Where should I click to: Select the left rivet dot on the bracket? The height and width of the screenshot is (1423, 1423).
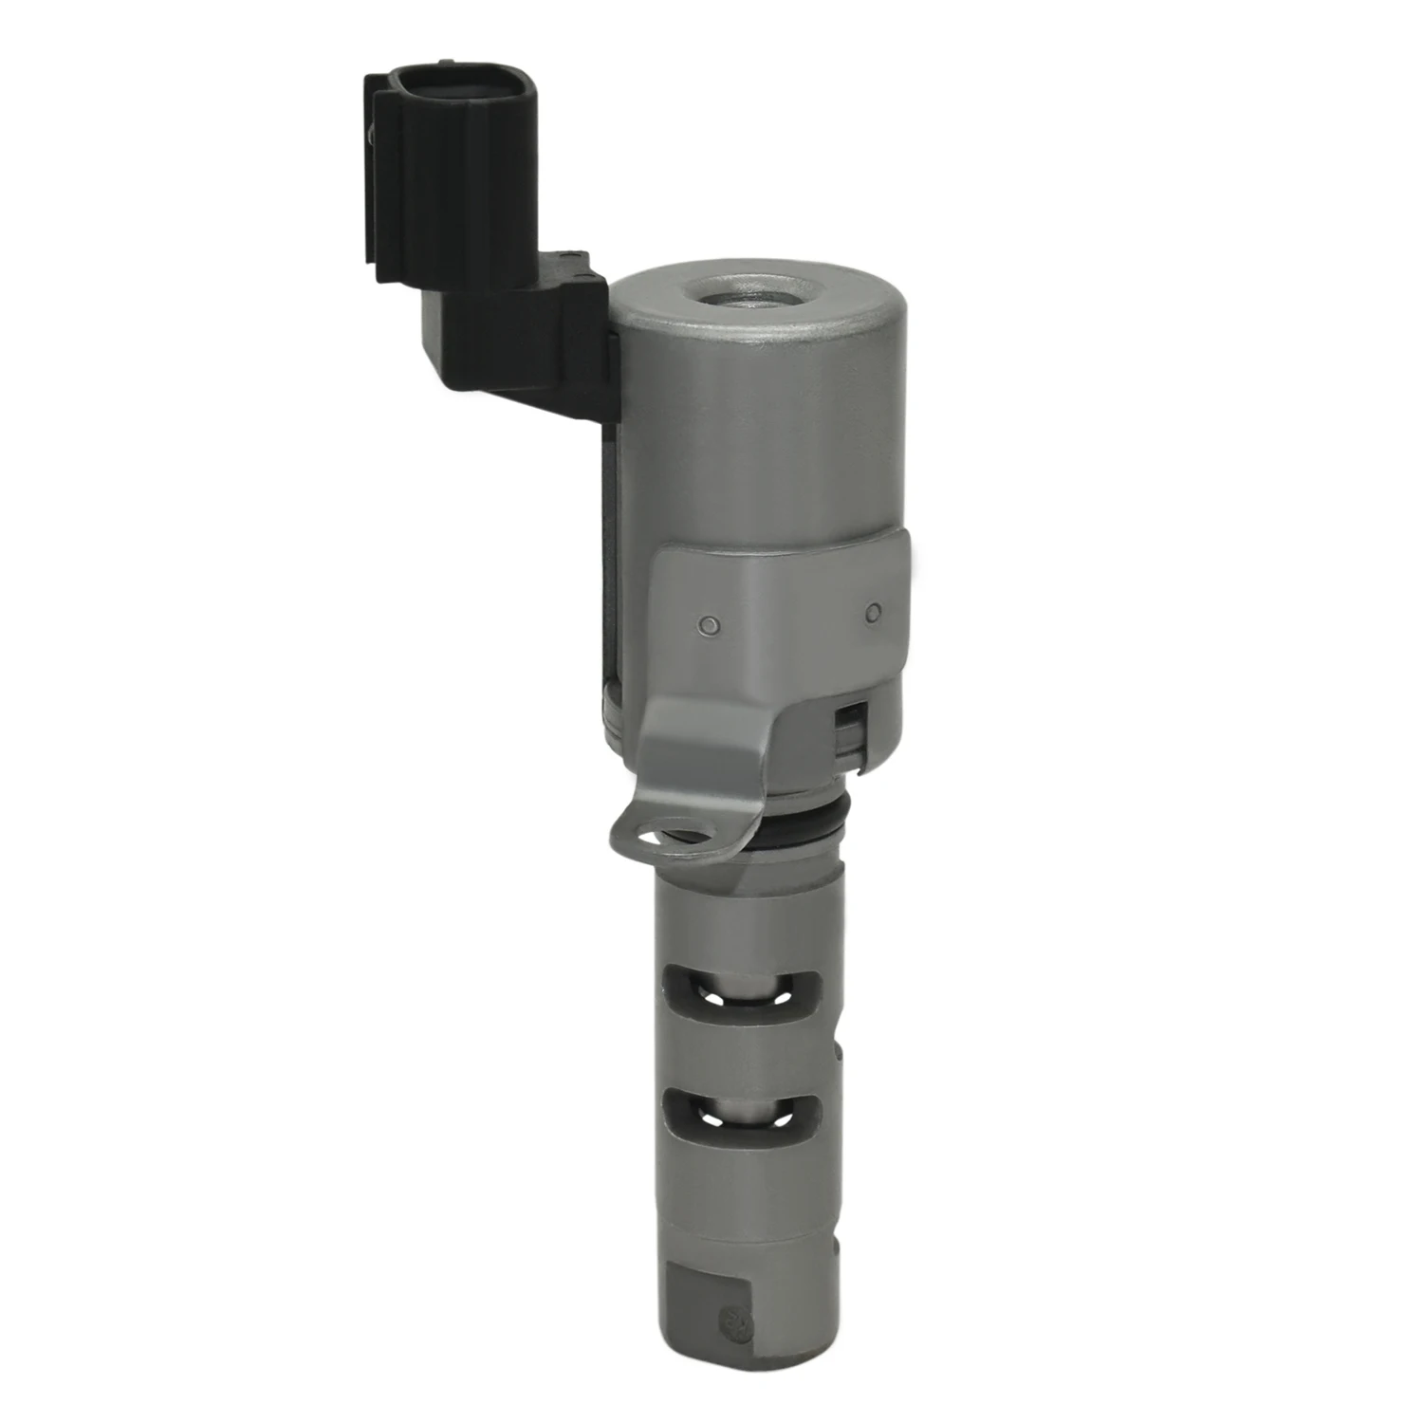[x=707, y=624]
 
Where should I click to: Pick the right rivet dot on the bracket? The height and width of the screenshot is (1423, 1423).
[x=874, y=613]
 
